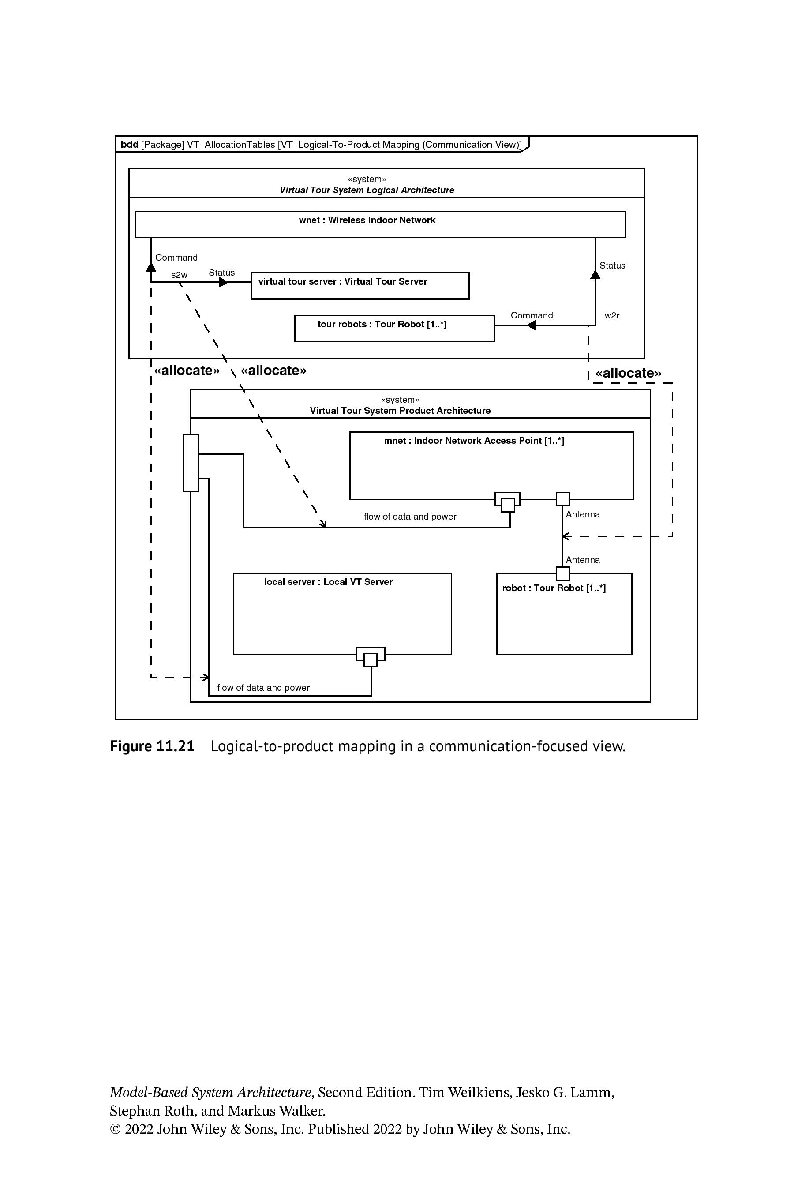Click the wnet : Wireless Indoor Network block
coord(380,225)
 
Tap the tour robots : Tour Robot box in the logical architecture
coord(394,329)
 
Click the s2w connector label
coord(179,275)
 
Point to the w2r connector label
coord(612,315)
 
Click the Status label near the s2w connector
coord(222,273)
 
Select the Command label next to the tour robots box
coord(532,315)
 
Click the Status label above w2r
coord(612,266)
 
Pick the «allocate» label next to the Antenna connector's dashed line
coord(629,373)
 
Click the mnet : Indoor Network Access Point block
coord(492,465)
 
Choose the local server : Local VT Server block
coord(342,614)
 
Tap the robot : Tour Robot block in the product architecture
coord(564,614)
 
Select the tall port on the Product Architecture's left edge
coord(191,463)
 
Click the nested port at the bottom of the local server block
coord(371,656)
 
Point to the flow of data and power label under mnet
coord(410,517)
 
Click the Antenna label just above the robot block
coord(583,559)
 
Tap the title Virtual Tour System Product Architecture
coord(400,411)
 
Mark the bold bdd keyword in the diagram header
coord(130,144)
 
